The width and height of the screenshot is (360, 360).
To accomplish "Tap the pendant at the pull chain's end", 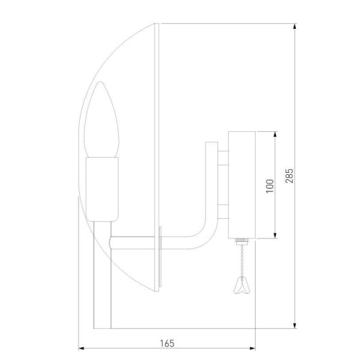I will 241,288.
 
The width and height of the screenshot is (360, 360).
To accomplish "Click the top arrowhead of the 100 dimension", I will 276,134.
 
